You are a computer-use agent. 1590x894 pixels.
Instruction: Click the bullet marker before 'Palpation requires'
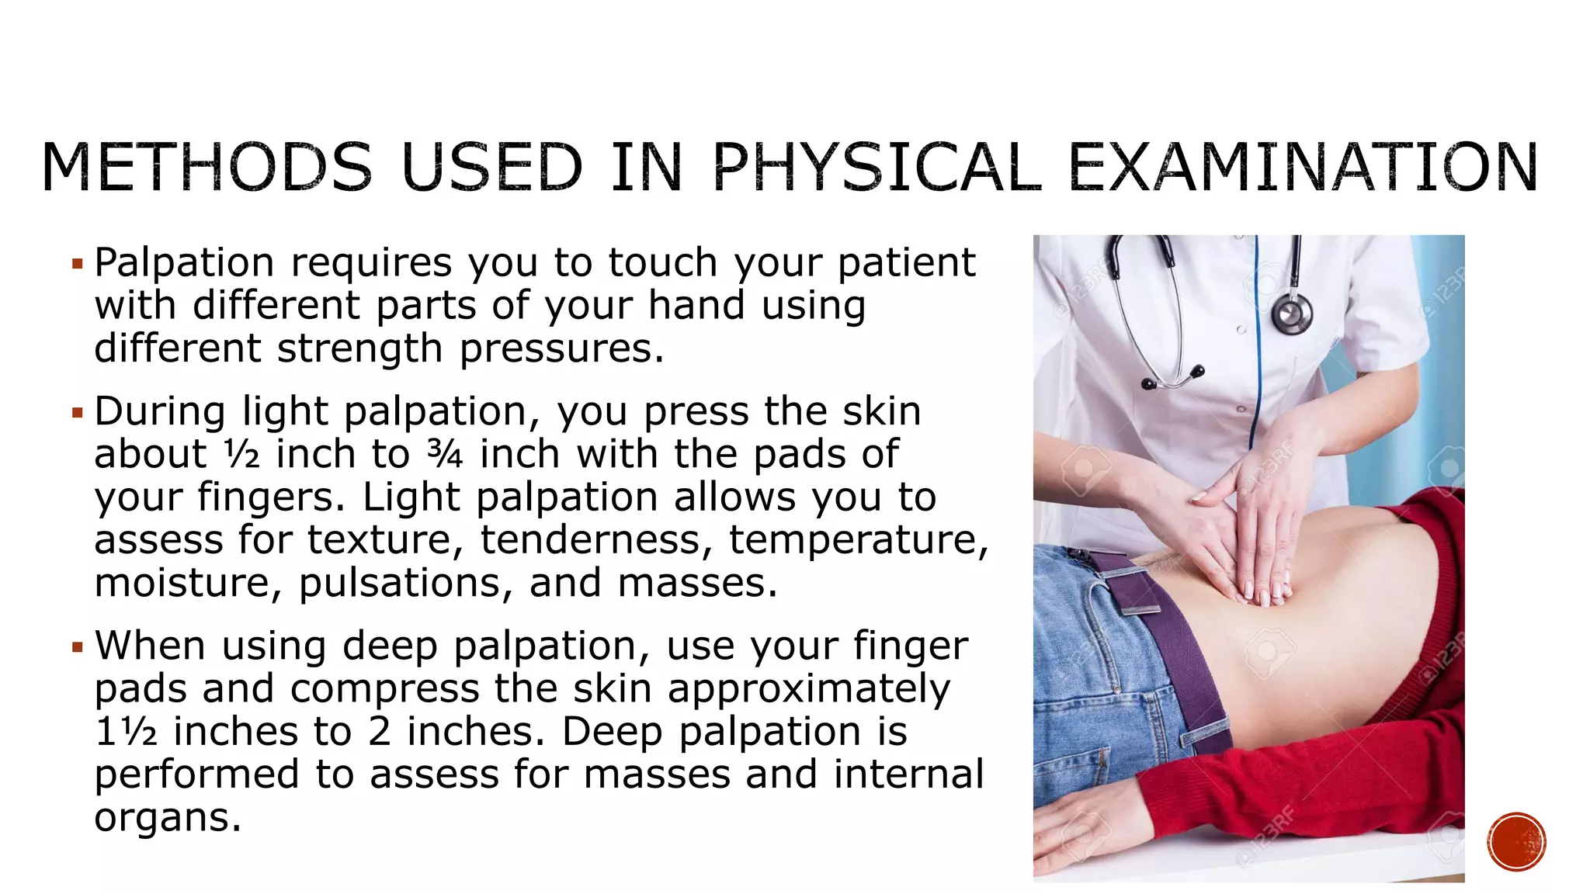point(77,265)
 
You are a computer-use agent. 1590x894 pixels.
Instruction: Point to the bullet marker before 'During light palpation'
point(77,413)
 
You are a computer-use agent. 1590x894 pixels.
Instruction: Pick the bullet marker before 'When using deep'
point(77,647)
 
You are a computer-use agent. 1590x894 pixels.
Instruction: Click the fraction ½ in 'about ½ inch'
point(242,454)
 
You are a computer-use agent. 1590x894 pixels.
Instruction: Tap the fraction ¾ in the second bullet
point(446,454)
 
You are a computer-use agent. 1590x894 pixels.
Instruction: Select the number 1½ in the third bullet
point(126,732)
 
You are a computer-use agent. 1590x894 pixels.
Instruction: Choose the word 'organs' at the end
point(167,817)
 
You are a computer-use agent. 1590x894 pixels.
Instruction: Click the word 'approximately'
point(808,688)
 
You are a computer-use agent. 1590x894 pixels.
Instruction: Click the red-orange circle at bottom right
point(1516,841)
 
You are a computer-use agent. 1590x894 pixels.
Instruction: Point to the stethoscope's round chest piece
point(1292,315)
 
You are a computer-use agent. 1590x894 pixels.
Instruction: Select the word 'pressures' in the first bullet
point(561,348)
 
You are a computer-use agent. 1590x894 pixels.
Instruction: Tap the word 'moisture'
point(188,583)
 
